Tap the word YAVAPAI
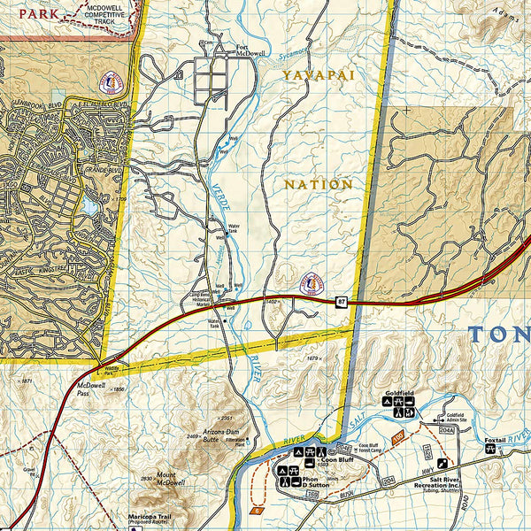pos(319,76)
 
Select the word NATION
pos(319,184)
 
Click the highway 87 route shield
pos(342,303)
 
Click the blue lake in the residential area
pos(89,206)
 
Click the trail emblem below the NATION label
pos(311,283)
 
